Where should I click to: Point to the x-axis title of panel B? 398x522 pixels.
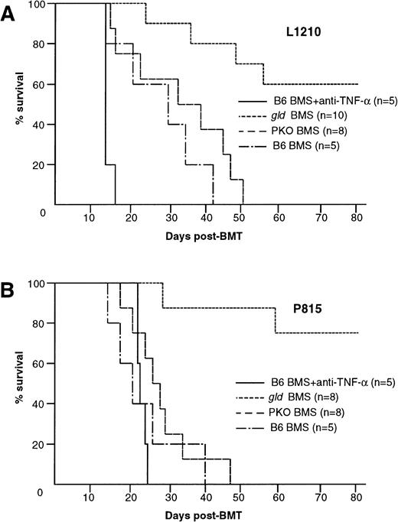coord(204,511)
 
